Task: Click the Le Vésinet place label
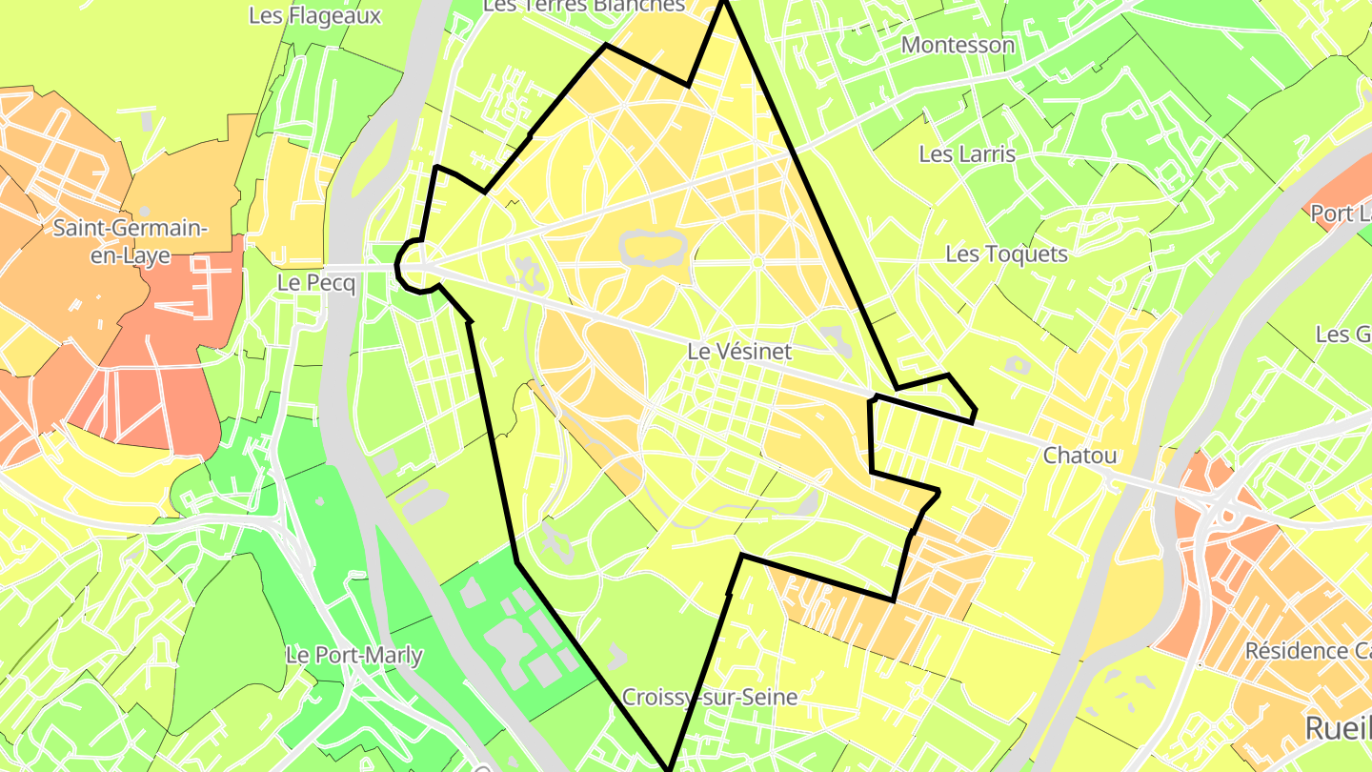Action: pos(739,352)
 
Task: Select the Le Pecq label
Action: pos(316,283)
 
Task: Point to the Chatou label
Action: pos(1079,456)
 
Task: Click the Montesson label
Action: pos(958,45)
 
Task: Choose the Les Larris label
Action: pos(967,153)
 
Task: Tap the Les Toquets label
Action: pos(1006,254)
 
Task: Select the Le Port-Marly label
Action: pos(354,656)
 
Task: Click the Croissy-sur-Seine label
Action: pos(710,697)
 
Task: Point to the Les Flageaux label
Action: pos(314,16)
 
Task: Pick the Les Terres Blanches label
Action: pos(583,7)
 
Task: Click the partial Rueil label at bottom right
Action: pos(1337,728)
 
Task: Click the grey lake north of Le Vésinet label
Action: pos(653,248)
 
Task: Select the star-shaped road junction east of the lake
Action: pos(757,261)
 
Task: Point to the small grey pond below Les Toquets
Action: pos(1018,365)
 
